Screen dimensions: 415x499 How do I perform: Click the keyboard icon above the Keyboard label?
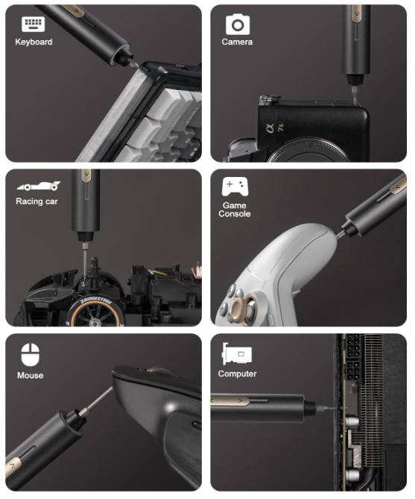coord(33,24)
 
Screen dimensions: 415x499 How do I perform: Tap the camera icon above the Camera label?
coord(238,25)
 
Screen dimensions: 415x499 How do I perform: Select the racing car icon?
coord(39,186)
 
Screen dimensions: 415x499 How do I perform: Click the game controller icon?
coord(235,187)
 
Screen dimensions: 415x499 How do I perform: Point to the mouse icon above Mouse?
coord(31,355)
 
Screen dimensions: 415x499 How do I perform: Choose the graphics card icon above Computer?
coord(237,354)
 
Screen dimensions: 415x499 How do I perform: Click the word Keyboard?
coord(34,42)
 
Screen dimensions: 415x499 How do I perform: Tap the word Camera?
coord(237,42)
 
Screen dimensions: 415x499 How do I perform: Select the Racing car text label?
coord(37,202)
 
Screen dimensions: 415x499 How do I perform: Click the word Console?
coord(235,214)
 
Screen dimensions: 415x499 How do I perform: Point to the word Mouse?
coord(31,376)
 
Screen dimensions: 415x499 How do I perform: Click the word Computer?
coord(237,373)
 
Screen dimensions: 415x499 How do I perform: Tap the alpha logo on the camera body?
coord(270,129)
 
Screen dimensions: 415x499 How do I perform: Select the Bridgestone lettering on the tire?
coord(95,301)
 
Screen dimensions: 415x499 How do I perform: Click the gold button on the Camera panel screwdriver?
coord(357,13)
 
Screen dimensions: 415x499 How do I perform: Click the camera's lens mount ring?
coord(307,150)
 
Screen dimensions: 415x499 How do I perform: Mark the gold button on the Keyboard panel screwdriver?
coord(74,10)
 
